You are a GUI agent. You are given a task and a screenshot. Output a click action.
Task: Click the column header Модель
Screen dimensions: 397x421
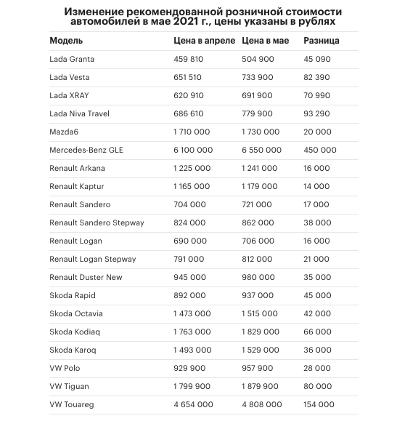pyautogui.click(x=66, y=41)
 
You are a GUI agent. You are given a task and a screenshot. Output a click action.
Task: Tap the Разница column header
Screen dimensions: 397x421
pyautogui.click(x=322, y=41)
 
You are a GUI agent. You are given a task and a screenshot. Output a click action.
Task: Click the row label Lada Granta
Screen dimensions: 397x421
pyautogui.click(x=72, y=59)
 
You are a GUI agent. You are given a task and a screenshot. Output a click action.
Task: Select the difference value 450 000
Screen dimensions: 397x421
pyautogui.click(x=320, y=150)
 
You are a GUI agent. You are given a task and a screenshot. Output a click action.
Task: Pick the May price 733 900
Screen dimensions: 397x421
pyautogui.click(x=257, y=77)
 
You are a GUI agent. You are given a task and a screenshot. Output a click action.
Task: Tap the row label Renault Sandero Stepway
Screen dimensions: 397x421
pyautogui.click(x=97, y=222)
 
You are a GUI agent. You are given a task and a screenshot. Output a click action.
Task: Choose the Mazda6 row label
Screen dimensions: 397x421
pyautogui.click(x=65, y=132)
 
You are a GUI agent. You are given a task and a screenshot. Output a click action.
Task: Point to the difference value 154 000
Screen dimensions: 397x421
pyautogui.click(x=319, y=404)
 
